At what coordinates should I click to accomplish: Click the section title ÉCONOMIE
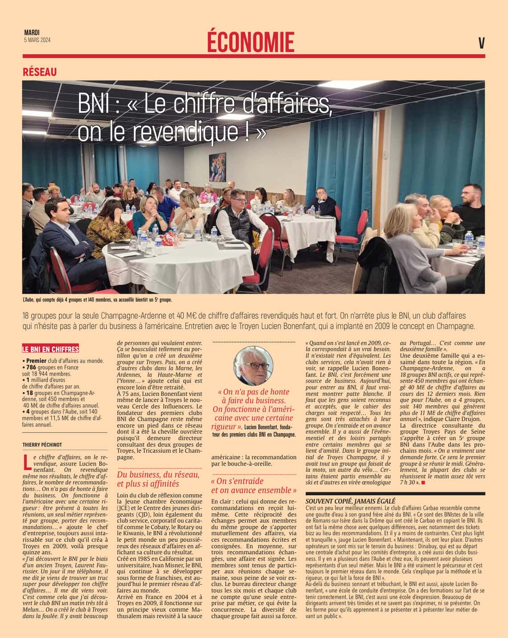point(250,43)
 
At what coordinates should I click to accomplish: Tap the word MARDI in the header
point(32,33)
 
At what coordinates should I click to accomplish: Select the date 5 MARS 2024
point(37,40)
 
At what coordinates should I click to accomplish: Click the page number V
point(481,43)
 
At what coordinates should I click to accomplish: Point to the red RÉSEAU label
point(40,72)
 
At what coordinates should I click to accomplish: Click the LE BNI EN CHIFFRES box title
point(50,349)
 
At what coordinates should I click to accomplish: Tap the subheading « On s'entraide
point(237,481)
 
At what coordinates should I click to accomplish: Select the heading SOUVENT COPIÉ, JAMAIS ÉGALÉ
point(350,501)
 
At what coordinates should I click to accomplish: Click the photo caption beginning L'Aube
point(97,300)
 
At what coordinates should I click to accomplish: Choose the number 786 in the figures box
point(31,367)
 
